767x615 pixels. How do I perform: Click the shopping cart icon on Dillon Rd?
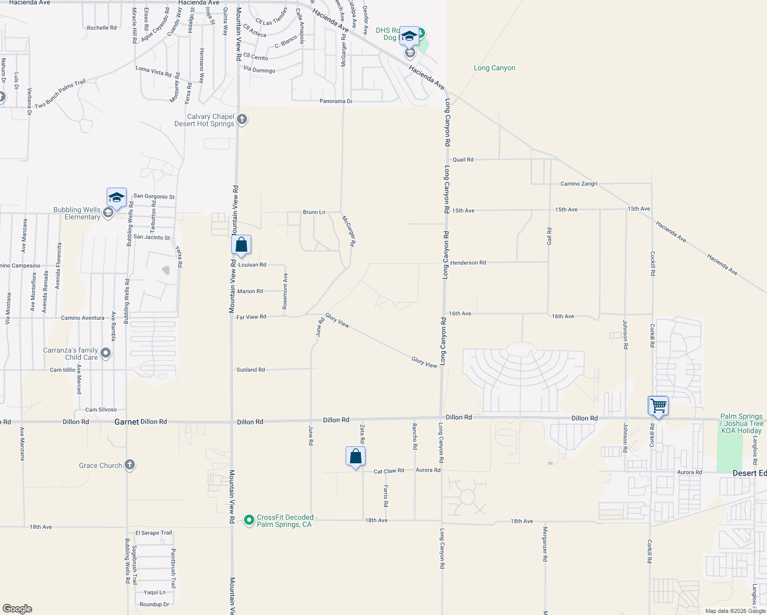point(658,406)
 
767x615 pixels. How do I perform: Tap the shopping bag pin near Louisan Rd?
point(241,245)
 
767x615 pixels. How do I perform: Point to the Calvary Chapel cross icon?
point(242,119)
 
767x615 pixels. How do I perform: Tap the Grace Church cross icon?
point(130,465)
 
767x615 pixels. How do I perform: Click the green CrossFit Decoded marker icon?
point(249,520)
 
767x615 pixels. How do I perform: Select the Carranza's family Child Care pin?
point(106,353)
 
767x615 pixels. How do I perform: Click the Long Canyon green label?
point(494,68)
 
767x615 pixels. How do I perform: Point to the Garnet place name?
point(127,422)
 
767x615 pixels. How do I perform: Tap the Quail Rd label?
point(463,160)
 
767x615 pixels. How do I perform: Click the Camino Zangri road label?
point(579,183)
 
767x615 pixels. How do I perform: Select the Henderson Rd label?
point(468,263)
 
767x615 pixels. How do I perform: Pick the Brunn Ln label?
point(314,212)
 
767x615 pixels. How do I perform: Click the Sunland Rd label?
point(251,370)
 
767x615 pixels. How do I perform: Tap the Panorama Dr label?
point(336,101)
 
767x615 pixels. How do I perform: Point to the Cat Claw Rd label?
point(389,471)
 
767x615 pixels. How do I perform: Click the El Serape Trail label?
point(154,533)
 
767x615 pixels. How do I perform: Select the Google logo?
point(17,609)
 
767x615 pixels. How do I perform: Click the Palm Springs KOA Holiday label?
point(741,423)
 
